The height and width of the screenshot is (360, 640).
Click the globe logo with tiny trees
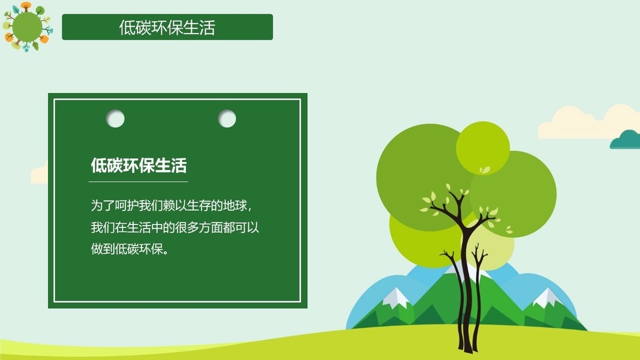point(28,27)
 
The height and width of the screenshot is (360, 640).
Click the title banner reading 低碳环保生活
point(167,27)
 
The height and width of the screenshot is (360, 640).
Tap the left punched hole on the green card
point(115,119)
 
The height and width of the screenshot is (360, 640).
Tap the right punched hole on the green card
point(227,119)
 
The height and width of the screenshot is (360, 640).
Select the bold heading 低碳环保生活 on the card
point(139,166)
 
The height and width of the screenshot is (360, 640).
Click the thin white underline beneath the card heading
point(139,182)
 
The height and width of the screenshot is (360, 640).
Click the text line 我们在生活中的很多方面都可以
point(175,227)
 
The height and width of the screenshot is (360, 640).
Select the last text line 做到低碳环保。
point(130,248)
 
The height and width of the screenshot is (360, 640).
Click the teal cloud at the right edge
point(626,140)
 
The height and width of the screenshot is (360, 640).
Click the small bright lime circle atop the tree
point(483,148)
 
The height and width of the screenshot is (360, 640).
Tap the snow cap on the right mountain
point(546,297)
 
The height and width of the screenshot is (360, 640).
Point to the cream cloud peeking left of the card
point(40,174)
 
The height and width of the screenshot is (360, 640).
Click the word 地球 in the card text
point(235,205)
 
